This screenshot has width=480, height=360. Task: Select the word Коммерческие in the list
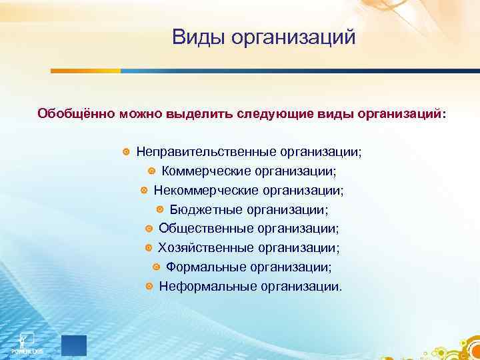(x=213, y=171)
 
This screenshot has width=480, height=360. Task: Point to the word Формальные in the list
(x=207, y=267)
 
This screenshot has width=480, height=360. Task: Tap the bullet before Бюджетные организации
(x=160, y=210)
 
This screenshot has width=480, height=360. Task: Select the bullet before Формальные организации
(x=156, y=267)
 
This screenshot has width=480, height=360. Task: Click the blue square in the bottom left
(x=74, y=345)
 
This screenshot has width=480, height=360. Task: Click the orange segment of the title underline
(x=85, y=70)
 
